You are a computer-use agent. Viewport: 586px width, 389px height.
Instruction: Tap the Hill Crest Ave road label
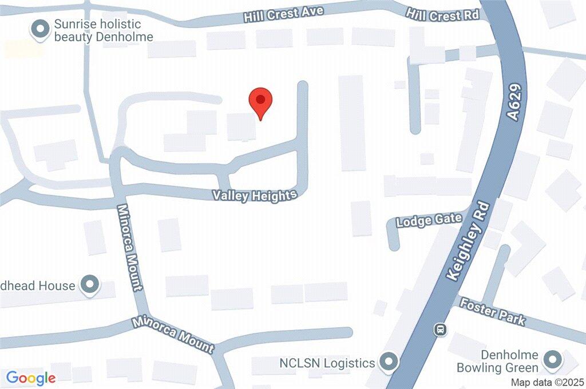[283, 14]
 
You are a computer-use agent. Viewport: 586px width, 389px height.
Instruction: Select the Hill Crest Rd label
[442, 14]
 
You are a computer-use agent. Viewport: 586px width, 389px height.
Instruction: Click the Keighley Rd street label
[467, 240]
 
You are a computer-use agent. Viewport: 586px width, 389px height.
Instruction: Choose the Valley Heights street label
[255, 196]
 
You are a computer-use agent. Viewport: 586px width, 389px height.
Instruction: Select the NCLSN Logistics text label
[327, 363]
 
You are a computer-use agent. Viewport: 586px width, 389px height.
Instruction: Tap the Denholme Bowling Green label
[497, 362]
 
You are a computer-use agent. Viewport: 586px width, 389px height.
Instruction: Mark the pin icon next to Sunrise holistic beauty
[40, 29]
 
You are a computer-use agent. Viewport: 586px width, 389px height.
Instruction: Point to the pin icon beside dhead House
[89, 284]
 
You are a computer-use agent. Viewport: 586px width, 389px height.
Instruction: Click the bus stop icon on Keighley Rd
[440, 329]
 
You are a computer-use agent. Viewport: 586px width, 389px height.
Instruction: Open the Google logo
[31, 378]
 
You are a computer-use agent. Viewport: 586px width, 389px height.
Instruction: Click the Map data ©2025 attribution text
[547, 382]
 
